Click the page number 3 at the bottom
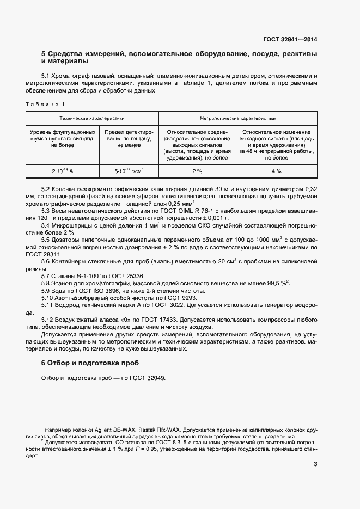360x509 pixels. (315, 464)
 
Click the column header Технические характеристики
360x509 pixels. (92, 118)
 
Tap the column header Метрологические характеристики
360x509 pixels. (237, 118)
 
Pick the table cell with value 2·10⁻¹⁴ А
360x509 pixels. (62, 171)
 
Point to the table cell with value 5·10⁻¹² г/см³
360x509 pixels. (129, 171)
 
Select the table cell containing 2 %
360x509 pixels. (197, 171)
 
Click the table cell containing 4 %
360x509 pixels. (276, 171)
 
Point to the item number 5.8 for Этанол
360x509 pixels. (47, 284)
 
